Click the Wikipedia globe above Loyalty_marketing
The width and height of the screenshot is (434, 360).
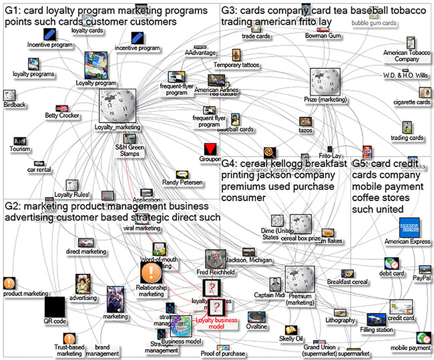[x=118, y=105]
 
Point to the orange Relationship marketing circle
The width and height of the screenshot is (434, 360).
[x=150, y=273]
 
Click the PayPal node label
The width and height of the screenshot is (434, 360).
[x=421, y=277]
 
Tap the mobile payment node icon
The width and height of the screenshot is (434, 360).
[x=423, y=338]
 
